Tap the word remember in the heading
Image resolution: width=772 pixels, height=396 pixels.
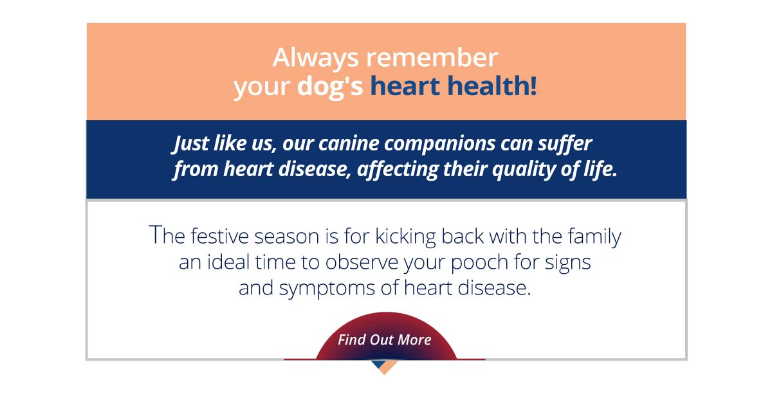click(432, 57)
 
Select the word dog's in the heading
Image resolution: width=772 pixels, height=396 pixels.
click(330, 87)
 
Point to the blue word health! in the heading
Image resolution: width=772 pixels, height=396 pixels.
click(492, 85)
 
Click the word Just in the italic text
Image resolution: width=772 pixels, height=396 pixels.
click(190, 143)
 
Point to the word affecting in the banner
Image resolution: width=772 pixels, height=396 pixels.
click(398, 170)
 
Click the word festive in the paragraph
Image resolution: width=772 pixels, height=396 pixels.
click(219, 236)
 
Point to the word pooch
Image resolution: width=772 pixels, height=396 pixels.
click(479, 264)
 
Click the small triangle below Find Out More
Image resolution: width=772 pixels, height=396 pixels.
click(384, 366)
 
